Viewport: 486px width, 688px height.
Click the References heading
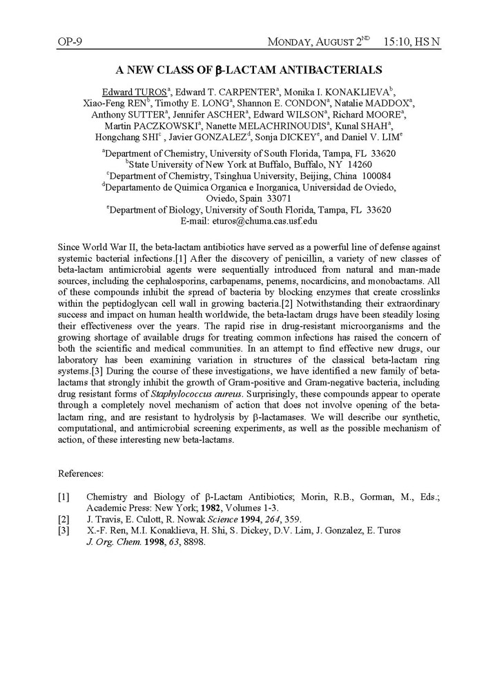[x=81, y=474]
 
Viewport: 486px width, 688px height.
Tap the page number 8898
[x=193, y=542]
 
